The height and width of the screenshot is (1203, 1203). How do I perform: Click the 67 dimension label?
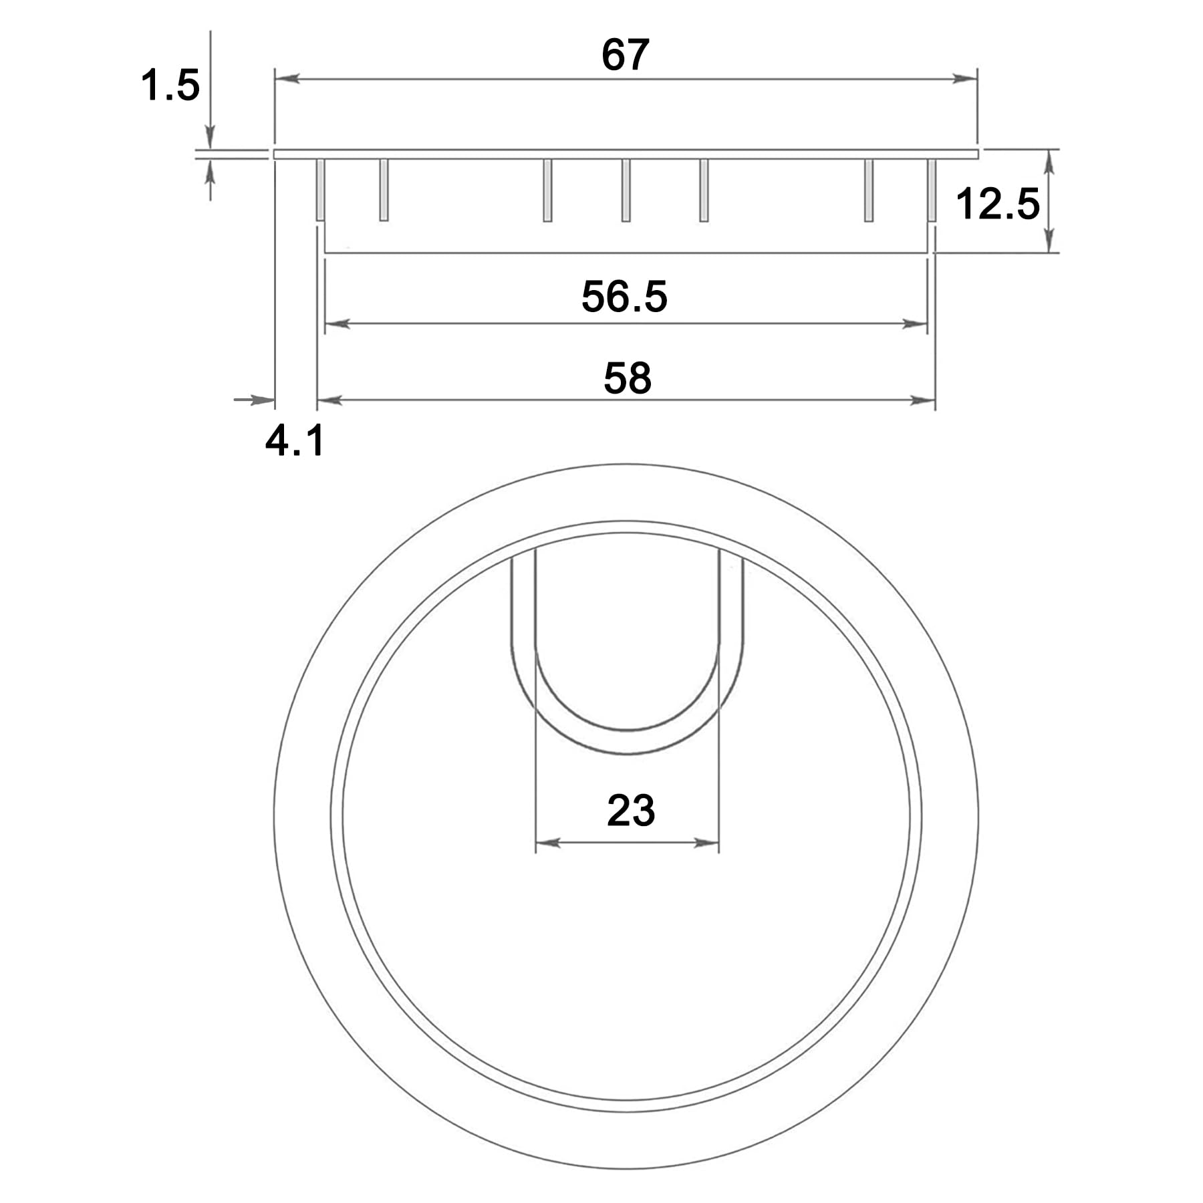pyautogui.click(x=625, y=55)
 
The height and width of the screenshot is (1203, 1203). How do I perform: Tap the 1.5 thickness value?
pyautogui.click(x=170, y=86)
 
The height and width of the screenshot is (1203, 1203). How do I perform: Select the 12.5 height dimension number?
pyautogui.click(x=998, y=204)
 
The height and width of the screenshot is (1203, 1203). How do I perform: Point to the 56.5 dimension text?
pyautogui.click(x=624, y=297)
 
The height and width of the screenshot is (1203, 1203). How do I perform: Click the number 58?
pyautogui.click(x=627, y=378)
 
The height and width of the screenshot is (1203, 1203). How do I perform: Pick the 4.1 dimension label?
pyautogui.click(x=295, y=441)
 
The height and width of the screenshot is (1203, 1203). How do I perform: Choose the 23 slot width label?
pyautogui.click(x=630, y=811)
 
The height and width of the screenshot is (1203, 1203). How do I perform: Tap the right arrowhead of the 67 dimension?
pyautogui.click(x=965, y=79)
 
